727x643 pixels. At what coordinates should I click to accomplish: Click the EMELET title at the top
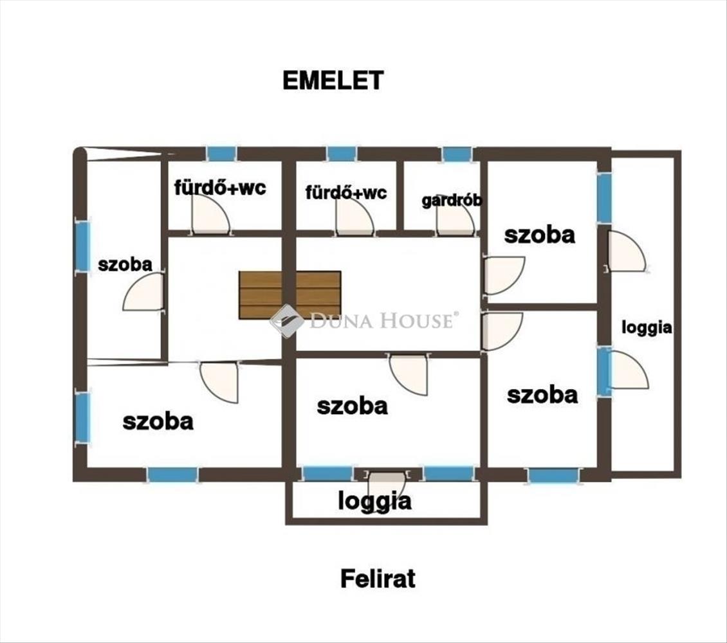coord(333,80)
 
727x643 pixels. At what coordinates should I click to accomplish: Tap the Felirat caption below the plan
coord(378,579)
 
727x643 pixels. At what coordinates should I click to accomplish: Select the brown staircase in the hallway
coord(290,295)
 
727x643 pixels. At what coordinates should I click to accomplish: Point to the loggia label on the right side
coord(647,327)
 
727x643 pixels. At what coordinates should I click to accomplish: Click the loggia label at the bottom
coord(374,502)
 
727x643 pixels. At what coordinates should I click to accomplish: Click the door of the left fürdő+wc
coord(210,213)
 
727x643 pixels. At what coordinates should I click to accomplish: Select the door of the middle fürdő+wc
coord(354,216)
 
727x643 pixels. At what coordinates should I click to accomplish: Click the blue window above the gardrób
coord(457,154)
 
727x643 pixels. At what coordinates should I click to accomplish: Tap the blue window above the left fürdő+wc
coord(221,153)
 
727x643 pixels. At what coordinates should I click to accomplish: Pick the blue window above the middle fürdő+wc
coord(342,153)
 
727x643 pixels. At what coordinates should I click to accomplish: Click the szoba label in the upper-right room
coord(540,235)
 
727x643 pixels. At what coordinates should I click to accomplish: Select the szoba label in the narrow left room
coord(125,264)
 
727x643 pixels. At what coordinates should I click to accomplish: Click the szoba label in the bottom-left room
coord(158,422)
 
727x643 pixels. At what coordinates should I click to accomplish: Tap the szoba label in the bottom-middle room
coord(353,406)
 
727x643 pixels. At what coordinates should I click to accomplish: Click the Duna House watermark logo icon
coord(286,320)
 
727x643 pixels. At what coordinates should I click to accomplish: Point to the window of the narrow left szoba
coord(82,246)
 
